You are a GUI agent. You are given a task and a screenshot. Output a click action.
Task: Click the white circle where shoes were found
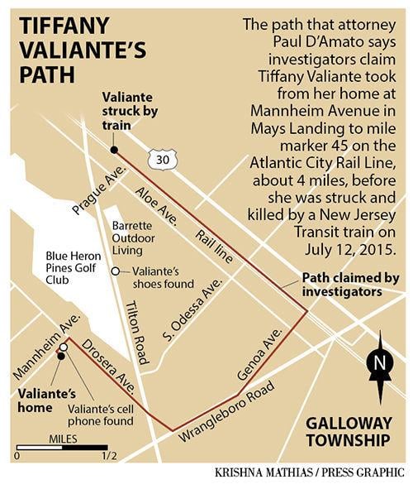coord(115,272)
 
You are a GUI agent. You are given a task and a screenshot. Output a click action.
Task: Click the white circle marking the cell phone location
coord(64,347)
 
